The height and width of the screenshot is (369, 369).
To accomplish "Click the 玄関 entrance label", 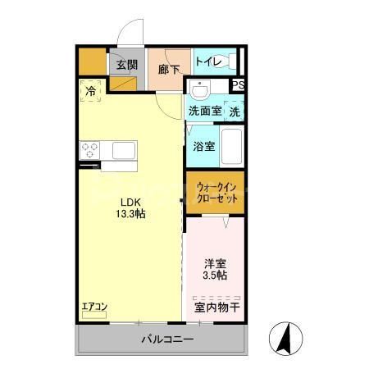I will pyautogui.click(x=126, y=66).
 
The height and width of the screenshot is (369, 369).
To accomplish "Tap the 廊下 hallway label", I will pyautogui.click(x=169, y=70).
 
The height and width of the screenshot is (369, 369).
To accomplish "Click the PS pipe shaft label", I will pyautogui.click(x=238, y=85).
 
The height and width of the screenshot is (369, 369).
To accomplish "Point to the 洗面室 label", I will pyautogui.click(x=204, y=110).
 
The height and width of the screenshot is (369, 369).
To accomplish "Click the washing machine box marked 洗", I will pyautogui.click(x=235, y=110).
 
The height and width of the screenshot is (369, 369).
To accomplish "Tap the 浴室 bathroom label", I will pyautogui.click(x=203, y=147).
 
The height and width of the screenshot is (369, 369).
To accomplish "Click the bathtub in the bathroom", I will pyautogui.click(x=231, y=148).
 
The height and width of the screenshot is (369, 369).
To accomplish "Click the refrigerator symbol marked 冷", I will pyautogui.click(x=91, y=90).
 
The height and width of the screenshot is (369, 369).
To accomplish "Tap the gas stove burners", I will pyautogui.click(x=89, y=151).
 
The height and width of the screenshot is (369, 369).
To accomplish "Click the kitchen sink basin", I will pyautogui.click(x=123, y=151).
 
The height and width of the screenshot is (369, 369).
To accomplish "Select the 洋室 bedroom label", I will pyautogui.click(x=216, y=264).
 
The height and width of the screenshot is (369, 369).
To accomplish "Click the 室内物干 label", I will pyautogui.click(x=217, y=307).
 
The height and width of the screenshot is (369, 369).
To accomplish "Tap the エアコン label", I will pyautogui.click(x=94, y=307).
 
